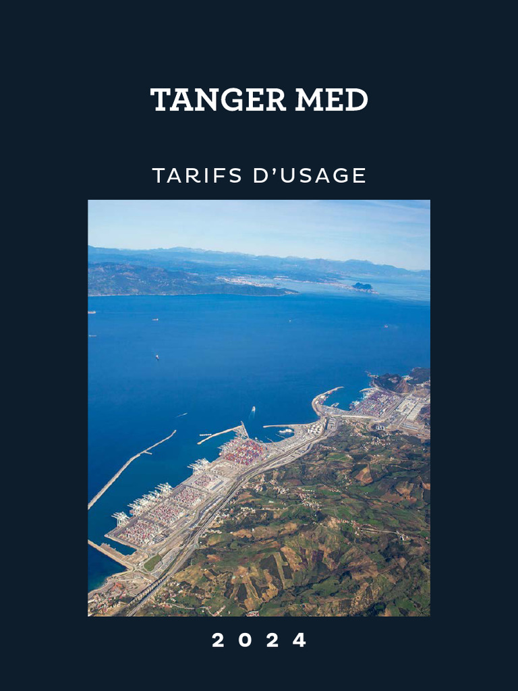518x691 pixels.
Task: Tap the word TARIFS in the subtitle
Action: pos(197,175)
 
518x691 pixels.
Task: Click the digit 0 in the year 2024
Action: pos(246,640)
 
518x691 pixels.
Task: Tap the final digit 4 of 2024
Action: pos(299,640)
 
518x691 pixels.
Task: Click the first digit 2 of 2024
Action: pos(218,640)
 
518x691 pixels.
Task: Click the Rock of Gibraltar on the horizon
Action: pos(362,286)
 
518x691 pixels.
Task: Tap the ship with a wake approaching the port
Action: pos(252,409)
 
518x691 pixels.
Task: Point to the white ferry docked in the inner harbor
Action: pos(286,431)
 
